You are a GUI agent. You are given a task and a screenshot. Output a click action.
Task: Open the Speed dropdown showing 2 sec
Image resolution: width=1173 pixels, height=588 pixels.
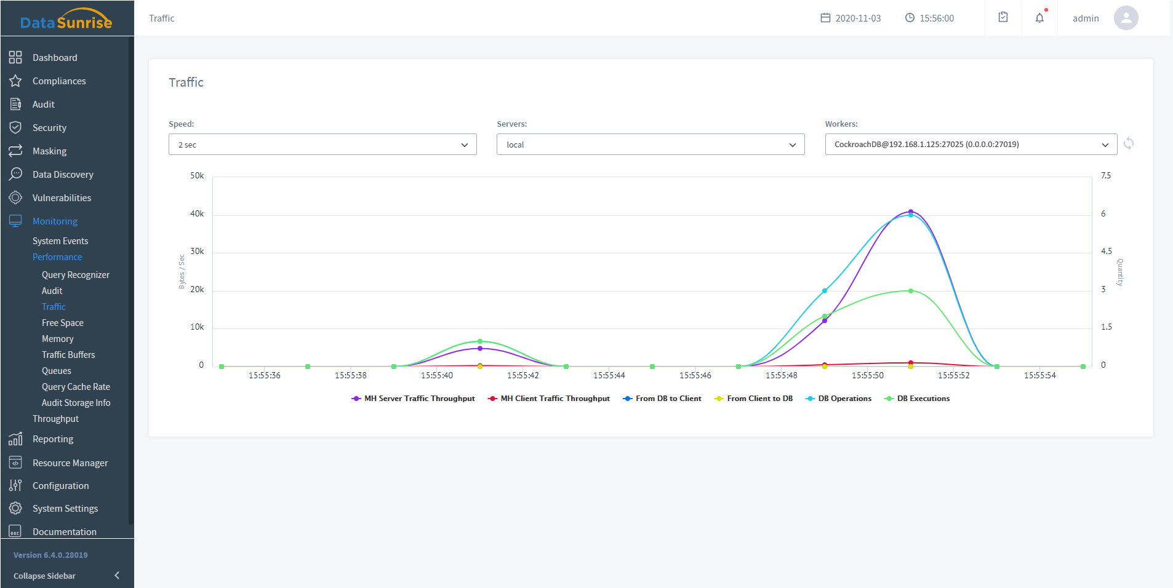click(x=322, y=145)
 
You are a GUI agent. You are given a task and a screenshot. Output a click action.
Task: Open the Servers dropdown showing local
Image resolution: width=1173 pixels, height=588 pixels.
click(x=650, y=145)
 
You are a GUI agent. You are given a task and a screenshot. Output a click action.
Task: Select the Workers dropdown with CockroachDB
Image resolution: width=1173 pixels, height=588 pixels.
click(x=971, y=145)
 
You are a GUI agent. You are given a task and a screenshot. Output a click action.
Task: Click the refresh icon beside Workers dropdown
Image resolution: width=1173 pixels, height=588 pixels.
click(x=1129, y=144)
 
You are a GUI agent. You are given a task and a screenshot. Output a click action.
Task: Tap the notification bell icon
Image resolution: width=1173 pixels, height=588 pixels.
click(x=1039, y=18)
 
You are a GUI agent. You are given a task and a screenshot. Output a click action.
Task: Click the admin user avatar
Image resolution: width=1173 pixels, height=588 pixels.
click(x=1126, y=18)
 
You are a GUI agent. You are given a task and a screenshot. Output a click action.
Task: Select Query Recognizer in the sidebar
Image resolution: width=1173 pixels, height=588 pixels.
click(x=76, y=275)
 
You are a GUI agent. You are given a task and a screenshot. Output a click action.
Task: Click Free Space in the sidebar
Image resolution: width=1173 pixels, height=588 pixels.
click(x=63, y=323)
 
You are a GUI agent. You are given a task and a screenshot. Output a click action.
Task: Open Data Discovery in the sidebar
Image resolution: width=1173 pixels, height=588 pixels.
click(x=63, y=175)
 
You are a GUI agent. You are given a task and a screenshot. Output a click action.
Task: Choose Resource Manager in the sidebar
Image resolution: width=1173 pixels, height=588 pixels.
click(x=70, y=463)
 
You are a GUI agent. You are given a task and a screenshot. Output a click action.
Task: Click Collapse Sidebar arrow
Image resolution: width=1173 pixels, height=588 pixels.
click(x=117, y=576)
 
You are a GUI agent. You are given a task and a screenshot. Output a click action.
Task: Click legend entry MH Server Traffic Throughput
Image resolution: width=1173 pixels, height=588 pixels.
click(x=413, y=399)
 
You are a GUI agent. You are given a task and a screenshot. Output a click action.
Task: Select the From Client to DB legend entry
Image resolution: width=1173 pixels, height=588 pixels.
click(x=754, y=399)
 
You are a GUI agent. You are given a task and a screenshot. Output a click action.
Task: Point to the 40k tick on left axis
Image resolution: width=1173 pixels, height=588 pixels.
click(x=197, y=214)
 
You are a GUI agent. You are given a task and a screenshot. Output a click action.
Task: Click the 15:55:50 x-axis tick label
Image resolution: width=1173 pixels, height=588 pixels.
click(x=867, y=375)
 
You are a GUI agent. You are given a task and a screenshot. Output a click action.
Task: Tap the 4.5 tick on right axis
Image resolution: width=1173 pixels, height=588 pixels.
click(x=1107, y=252)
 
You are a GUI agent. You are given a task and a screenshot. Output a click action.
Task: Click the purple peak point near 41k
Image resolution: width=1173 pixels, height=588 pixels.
click(x=911, y=212)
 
